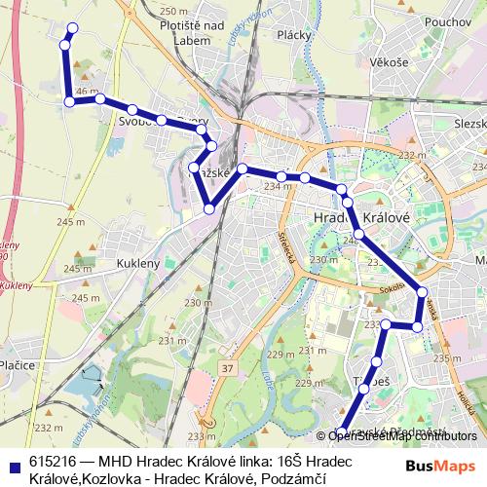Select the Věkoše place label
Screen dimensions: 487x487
click(x=389, y=60)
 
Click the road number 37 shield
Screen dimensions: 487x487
click(x=226, y=368)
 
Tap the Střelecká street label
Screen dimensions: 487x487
click(x=287, y=243)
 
